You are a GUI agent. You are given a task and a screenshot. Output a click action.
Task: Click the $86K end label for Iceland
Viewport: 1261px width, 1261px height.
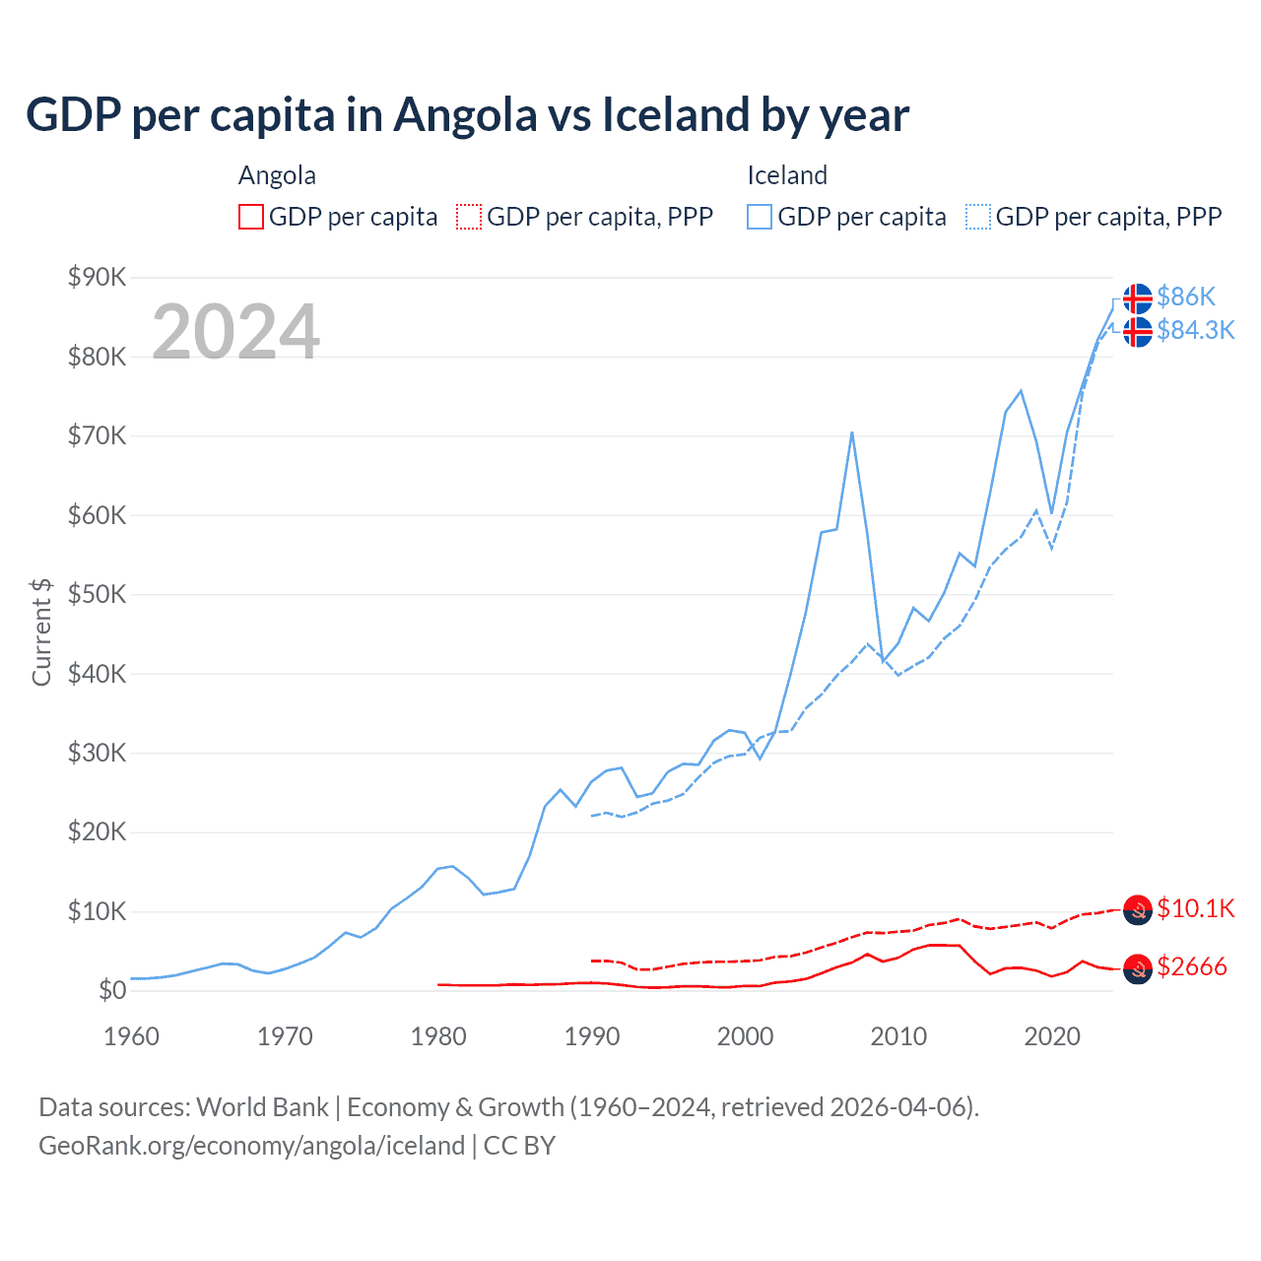[1186, 297]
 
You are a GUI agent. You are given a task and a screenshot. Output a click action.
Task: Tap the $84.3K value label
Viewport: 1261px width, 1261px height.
[1195, 330]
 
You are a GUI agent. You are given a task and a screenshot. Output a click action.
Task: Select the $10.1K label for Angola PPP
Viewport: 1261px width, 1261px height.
[1195, 908]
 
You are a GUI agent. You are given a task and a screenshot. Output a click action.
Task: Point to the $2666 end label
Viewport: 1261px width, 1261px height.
[1191, 966]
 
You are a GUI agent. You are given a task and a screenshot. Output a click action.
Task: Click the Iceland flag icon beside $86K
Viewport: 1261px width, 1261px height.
[1138, 298]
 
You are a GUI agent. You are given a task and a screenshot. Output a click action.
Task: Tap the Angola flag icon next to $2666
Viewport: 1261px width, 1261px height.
[1138, 968]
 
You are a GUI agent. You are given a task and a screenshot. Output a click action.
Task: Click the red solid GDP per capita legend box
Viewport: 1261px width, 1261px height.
[251, 217]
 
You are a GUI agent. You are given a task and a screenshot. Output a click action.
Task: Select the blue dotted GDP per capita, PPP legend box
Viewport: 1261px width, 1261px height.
[978, 217]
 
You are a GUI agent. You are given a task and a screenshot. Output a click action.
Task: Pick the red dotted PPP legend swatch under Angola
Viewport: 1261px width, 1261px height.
[469, 217]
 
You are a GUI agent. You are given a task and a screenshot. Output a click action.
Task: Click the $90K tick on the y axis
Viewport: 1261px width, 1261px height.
[98, 277]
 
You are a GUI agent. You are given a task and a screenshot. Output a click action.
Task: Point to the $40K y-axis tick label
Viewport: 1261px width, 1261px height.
[98, 674]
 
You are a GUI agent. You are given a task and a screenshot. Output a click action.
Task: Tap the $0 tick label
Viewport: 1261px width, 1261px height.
[112, 991]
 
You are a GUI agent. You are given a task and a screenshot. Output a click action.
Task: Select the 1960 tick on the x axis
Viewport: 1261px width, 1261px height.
[131, 1036]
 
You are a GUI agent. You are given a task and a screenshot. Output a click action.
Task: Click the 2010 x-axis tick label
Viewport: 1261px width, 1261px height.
[898, 1036]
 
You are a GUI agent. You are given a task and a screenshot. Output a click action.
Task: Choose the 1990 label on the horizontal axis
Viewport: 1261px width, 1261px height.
[592, 1036]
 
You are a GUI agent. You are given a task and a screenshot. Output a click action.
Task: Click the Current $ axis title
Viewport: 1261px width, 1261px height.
[41, 632]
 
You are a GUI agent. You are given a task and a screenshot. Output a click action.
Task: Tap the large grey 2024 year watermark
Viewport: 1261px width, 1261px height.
[235, 332]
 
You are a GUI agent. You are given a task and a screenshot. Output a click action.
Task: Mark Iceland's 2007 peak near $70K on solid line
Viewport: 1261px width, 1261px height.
[851, 432]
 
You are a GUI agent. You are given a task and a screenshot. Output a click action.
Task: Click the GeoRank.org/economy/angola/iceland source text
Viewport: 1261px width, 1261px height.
[251, 1146]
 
